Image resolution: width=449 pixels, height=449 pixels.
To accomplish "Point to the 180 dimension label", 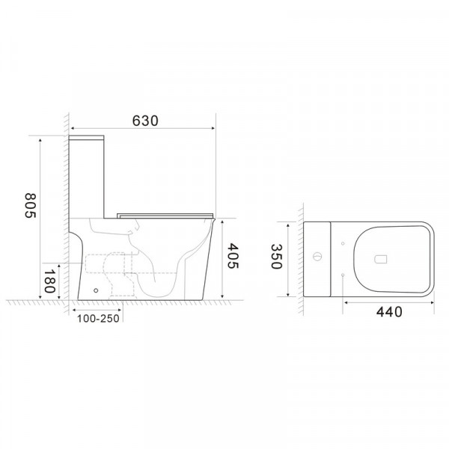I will (x=50, y=284).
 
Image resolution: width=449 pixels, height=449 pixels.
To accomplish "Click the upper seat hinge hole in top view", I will (x=342, y=243).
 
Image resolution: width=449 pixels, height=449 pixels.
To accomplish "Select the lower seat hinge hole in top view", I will (x=342, y=276).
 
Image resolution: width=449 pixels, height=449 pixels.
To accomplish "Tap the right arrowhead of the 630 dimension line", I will (x=214, y=131).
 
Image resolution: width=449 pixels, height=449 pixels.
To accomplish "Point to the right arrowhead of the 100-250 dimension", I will (x=122, y=308).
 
